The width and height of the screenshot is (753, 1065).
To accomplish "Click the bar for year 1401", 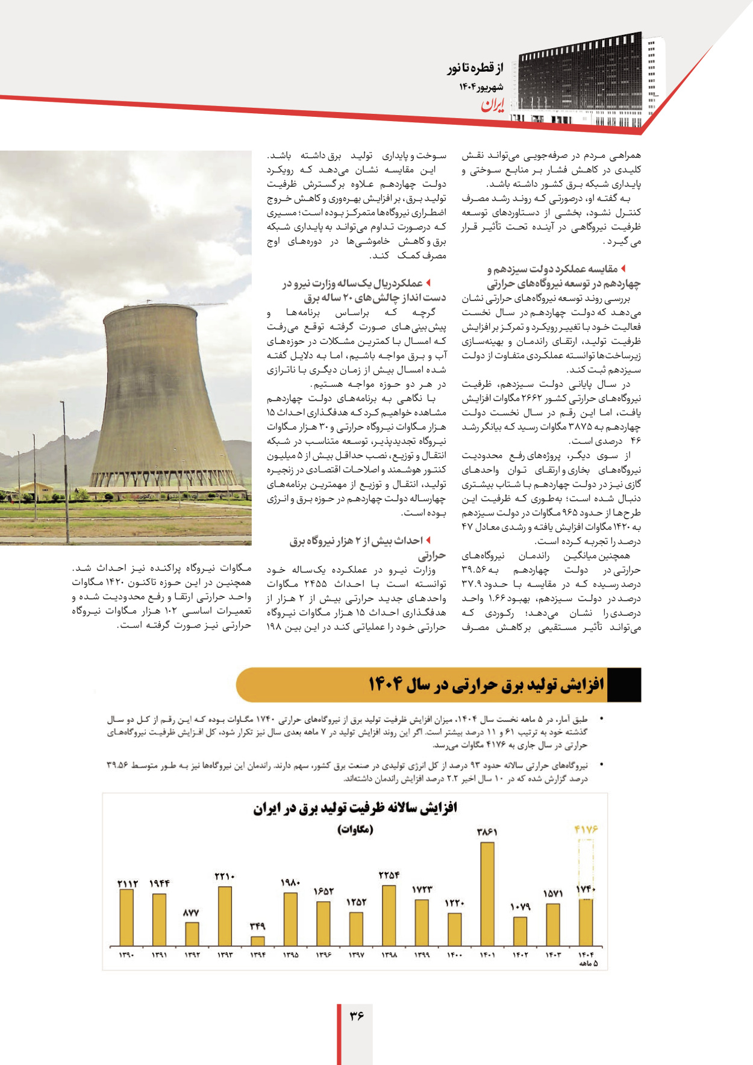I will pos(487,894).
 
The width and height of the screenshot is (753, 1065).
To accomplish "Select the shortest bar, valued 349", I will pos(257,941).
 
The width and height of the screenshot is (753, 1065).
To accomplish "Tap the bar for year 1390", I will pos(127,917).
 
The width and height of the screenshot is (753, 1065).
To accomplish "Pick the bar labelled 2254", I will pos(389,915).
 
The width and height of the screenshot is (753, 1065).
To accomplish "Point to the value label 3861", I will pos(487,832).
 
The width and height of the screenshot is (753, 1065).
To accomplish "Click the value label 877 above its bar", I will pos(192,913).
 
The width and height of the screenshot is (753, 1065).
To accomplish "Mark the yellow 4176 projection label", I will pos(586,829).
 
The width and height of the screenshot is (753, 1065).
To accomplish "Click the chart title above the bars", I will pos(355,808).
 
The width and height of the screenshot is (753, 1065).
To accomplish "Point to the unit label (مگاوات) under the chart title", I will pos(355,829).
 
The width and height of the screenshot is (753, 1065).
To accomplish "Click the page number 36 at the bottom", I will pos(356,1016).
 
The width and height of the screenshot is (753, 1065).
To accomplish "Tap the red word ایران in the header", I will pos(492,106).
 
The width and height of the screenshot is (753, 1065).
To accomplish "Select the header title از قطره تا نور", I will pos(475,68).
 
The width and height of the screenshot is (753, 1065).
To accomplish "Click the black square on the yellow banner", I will pos(624,685).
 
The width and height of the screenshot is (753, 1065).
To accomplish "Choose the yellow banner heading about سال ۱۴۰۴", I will pos(486,685).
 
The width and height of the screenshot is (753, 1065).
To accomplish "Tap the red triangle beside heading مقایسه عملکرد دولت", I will pos(623,268).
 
